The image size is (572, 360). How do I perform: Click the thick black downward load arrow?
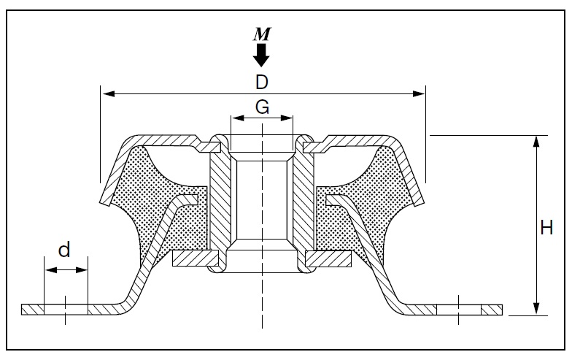coord(261,55)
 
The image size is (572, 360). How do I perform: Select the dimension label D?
coord(261,82)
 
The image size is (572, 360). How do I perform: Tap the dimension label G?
coord(263,107)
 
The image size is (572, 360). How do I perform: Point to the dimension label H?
coord(546,228)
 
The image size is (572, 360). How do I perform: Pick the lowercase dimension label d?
coord(64,250)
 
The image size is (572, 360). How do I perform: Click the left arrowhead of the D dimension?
coord(109,94)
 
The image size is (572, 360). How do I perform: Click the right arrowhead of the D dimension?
coord(418,94)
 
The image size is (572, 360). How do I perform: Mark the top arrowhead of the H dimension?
coord(536,142)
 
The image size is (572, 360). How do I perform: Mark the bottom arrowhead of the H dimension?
coord(536,309)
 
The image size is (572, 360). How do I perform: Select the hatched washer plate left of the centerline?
coord(196,258)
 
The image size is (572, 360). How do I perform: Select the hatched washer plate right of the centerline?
coord(328,258)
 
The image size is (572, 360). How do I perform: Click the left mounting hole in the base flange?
coord(66,310)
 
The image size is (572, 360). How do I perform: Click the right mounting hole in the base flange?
coord(458,310)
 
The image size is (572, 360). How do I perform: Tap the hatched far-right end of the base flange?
coord(492,310)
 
